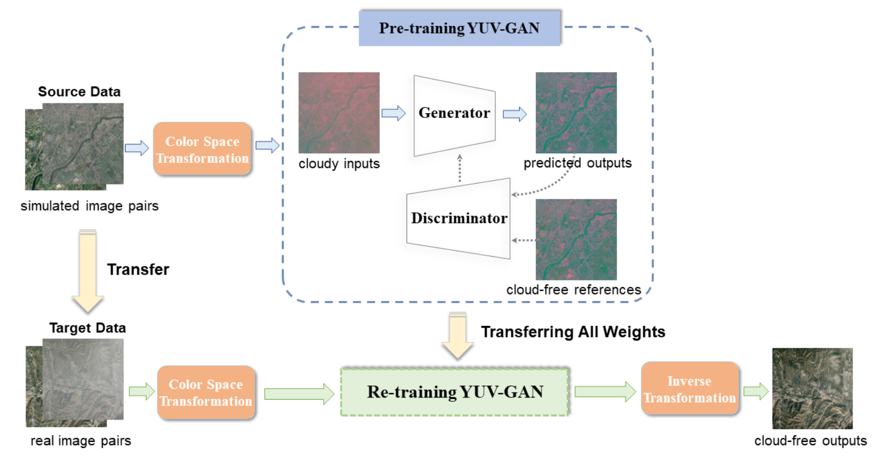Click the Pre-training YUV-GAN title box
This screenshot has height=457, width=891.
coord(459,28)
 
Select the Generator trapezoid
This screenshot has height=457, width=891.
coord(454,115)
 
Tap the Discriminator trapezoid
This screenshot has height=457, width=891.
coord(458,218)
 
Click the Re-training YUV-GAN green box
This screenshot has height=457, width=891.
coord(455,392)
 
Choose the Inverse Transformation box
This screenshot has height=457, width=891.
coord(690,389)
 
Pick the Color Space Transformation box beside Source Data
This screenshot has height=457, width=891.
coord(202,149)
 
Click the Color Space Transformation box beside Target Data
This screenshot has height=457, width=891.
coord(206,393)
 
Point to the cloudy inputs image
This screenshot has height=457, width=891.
coord(339,113)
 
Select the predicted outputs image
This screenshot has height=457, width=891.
coord(576,113)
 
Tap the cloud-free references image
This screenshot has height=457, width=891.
coord(576,239)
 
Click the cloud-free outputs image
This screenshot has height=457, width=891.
coord(812,388)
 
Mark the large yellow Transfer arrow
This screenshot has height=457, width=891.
coord(88,271)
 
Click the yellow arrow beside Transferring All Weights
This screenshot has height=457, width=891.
coord(457,336)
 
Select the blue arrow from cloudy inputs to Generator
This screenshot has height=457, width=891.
coord(394,114)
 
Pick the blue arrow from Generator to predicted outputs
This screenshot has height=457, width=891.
coord(515,114)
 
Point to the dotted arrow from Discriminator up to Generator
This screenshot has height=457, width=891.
coord(460,168)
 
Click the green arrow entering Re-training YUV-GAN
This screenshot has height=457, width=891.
coord(299,394)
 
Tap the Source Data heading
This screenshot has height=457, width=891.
coord(79,92)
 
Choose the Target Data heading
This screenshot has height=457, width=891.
coord(87,328)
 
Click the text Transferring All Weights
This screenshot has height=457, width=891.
coord(573,332)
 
